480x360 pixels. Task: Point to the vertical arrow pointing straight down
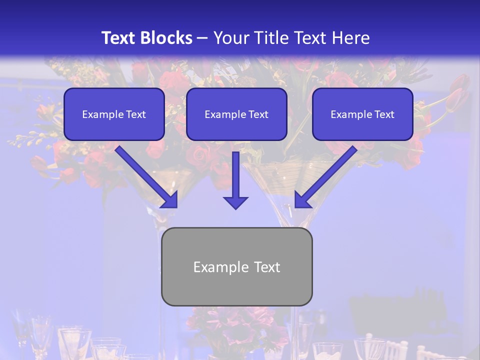click(235, 175)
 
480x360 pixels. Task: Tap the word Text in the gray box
click(266, 267)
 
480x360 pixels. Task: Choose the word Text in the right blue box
click(384, 114)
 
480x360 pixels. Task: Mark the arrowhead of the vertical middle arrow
click(235, 202)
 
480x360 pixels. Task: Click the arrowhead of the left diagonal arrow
click(170, 200)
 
